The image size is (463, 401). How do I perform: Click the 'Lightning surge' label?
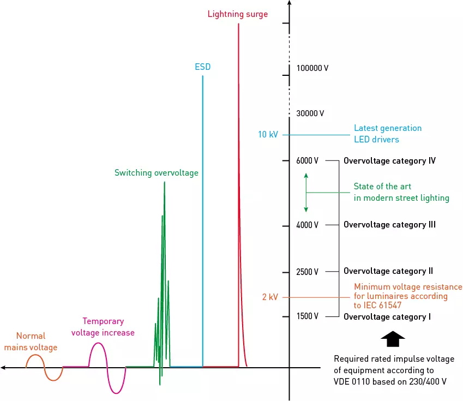pyautogui.click(x=238, y=14)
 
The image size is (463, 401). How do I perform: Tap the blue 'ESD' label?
pyautogui.click(x=202, y=67)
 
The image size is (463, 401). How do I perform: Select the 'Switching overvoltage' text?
pyautogui.click(x=157, y=173)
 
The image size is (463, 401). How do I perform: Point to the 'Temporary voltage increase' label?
pyautogui.click(x=103, y=327)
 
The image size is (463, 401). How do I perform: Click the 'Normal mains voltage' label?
pyautogui.click(x=31, y=342)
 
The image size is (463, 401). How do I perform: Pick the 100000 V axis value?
pyautogui.click(x=312, y=69)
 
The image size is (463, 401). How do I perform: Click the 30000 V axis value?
pyautogui.click(x=310, y=113)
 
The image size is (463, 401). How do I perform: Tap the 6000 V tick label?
pyautogui.click(x=308, y=161)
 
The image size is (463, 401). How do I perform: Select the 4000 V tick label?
pyautogui.click(x=308, y=225)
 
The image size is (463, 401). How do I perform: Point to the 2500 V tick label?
pyautogui.click(x=308, y=272)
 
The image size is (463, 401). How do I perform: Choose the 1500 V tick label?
pyautogui.click(x=308, y=316)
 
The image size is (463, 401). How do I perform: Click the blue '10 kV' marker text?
pyautogui.click(x=268, y=134)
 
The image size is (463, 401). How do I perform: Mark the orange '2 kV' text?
pyautogui.click(x=270, y=297)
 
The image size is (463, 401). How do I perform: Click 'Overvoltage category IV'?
pyautogui.click(x=389, y=161)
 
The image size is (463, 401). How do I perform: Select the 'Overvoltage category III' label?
pyautogui.click(x=389, y=225)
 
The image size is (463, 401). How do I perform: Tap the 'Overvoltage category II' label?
pyautogui.click(x=388, y=271)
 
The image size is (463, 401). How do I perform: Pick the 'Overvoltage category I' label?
pyautogui.click(x=387, y=317)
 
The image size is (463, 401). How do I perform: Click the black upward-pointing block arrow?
pyautogui.click(x=393, y=339)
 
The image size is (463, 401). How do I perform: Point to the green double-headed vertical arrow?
pyautogui.click(x=306, y=193)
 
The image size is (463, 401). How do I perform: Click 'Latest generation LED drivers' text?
pyautogui.click(x=388, y=134)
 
